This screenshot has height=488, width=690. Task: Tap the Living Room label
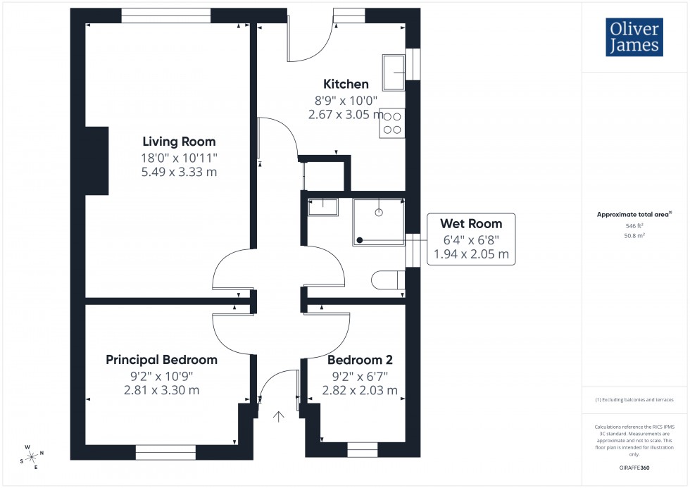coord(179,141)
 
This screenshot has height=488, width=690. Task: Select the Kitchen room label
coord(346,85)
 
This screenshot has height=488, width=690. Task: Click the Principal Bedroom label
coord(161,360)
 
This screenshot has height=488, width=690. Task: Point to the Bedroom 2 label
coord(360,360)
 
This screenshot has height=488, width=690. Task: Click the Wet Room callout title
coord(471,224)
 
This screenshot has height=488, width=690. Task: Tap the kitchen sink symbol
coord(394,71)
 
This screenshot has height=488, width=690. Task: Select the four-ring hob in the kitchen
coord(392,123)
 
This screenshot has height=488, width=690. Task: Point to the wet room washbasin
coord(323,205)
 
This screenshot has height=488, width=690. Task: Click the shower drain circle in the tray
coord(379,211)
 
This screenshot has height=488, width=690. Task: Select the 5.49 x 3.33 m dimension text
coord(179,173)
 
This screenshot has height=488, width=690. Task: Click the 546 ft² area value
coord(635,226)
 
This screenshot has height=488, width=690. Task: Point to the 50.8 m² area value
coord(635,236)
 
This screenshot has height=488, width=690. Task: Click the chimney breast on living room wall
coord(96,161)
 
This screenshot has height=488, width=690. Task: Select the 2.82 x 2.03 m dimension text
coord(360,391)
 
